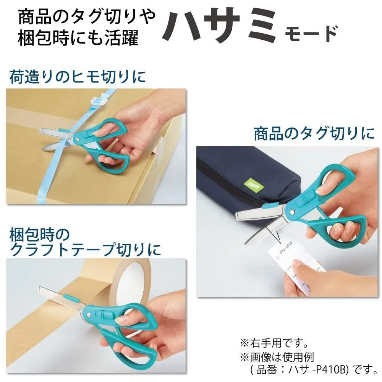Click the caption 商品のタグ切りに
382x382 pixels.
click(314, 134)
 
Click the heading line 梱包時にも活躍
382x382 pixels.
click(78, 39)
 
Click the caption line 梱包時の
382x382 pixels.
click(40, 233)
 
